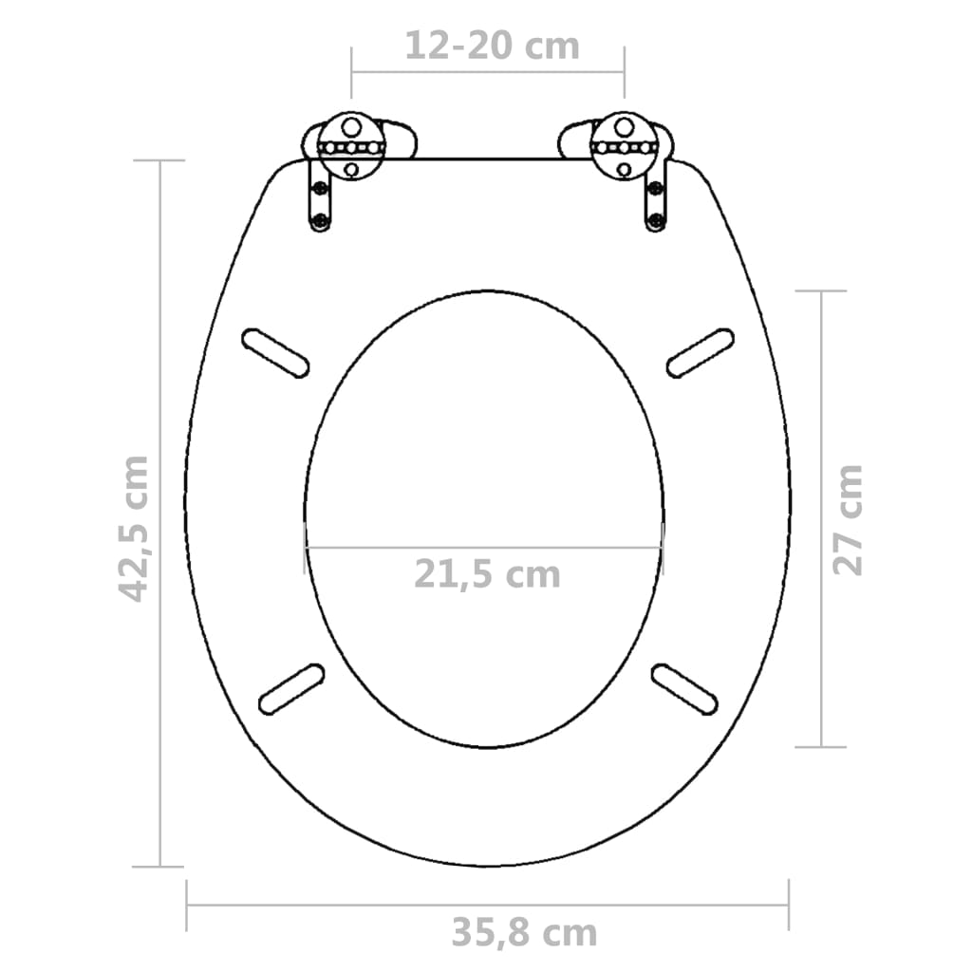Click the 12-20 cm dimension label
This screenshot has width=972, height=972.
pyautogui.click(x=492, y=46)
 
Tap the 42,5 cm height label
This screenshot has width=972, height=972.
pyautogui.click(x=134, y=528)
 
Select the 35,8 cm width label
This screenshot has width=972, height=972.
pyautogui.click(x=524, y=933)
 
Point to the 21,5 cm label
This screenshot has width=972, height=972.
pyautogui.click(x=486, y=574)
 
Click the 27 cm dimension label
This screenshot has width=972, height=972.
pyautogui.click(x=848, y=519)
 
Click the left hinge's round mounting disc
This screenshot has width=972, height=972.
pyautogui.click(x=351, y=147)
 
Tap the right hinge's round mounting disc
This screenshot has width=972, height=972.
pyautogui.click(x=624, y=147)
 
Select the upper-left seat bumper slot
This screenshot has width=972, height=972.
pyautogui.click(x=275, y=353)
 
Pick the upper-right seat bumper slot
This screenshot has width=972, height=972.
pyautogui.click(x=701, y=353)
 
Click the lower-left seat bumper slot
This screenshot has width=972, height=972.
pyautogui.click(x=291, y=689)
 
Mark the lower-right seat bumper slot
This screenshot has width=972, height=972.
pyautogui.click(x=683, y=689)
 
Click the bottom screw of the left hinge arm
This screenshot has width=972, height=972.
pyautogui.click(x=319, y=223)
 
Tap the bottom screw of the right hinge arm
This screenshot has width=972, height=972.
pyautogui.click(x=655, y=223)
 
